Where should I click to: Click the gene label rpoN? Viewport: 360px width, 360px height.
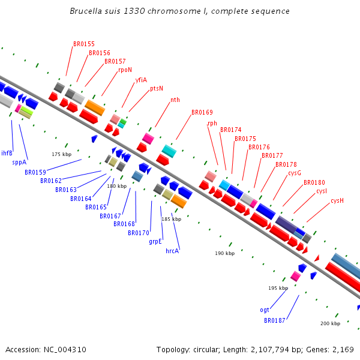pos(125,70)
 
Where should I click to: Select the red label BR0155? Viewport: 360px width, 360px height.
pos(84,44)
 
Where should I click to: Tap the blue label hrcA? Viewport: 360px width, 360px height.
pos(172,251)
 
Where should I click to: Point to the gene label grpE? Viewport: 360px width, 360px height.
pos(155,242)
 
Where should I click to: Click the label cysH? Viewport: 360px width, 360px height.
pos(337,200)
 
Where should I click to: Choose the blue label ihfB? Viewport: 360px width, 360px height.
pos(7,153)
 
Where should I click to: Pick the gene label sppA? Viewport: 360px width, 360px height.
pos(19,162)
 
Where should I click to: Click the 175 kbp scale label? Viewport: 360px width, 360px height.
pos(61,154)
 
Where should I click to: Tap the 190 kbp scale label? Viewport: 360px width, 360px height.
pos(224,253)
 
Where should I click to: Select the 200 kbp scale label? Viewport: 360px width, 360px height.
pos(330,323)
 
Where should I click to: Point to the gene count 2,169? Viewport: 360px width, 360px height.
pos(342,349)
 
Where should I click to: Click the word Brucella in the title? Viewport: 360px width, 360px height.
pos(85,11)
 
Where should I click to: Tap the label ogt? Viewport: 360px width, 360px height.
pos(265,310)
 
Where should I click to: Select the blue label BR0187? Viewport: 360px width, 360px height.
pos(275,320)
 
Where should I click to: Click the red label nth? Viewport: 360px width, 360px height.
pos(175,100)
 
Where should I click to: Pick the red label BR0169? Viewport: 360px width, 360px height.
pos(202,112)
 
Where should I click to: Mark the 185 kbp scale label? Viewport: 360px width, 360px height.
pos(171,219)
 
